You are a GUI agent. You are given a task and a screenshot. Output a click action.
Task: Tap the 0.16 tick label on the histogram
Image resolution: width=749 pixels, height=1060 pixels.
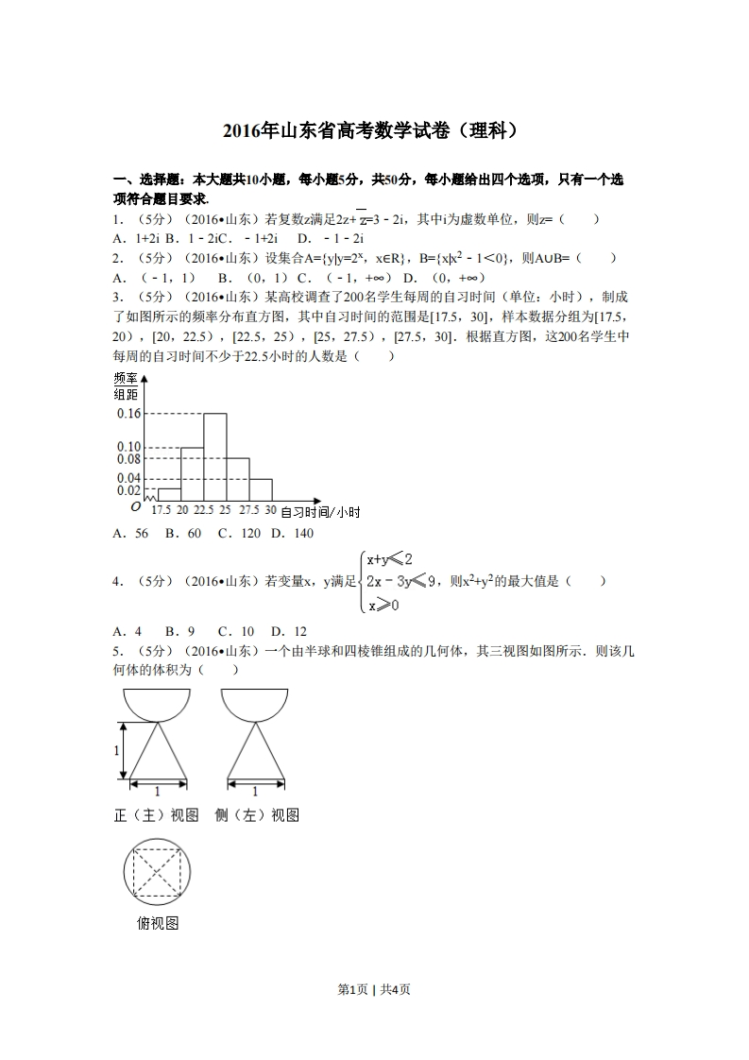tap(128, 414)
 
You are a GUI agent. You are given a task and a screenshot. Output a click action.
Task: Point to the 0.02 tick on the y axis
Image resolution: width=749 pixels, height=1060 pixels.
tap(128, 490)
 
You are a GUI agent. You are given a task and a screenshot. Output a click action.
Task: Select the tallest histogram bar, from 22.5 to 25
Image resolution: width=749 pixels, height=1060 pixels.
tap(214, 458)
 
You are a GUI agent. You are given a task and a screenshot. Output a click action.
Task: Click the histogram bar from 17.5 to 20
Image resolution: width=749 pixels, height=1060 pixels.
tap(168, 495)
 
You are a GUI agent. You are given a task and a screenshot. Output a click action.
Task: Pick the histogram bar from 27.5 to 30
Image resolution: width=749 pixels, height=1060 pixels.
tap(261, 490)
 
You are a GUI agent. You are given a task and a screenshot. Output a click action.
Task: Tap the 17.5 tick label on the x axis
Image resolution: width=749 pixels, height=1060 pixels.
tap(162, 511)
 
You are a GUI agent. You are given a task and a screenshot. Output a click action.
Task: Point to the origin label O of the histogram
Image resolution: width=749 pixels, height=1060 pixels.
tap(136, 507)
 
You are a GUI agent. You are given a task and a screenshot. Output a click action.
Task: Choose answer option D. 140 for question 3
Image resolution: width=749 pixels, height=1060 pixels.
tap(292, 534)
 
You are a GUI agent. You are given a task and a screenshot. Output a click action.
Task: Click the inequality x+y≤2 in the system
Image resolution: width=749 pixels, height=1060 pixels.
tap(389, 558)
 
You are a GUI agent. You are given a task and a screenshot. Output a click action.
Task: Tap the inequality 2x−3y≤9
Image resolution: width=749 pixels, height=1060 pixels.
tap(400, 581)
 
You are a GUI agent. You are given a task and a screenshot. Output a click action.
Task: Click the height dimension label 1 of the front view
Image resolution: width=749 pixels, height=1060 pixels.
tap(116, 751)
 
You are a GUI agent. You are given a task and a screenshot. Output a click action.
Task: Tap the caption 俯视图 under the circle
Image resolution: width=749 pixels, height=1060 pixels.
tap(157, 923)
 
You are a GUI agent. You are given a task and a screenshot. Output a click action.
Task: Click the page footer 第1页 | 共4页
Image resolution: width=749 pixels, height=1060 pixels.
tap(374, 989)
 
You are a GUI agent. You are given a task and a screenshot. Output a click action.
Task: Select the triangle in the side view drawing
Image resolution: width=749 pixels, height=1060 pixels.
tap(254, 756)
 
